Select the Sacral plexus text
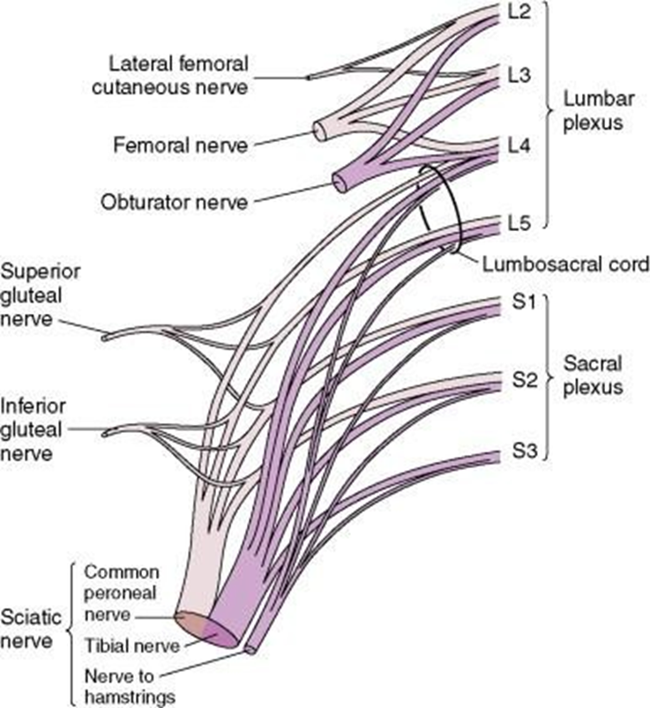point(595,375)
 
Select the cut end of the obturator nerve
point(338,183)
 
